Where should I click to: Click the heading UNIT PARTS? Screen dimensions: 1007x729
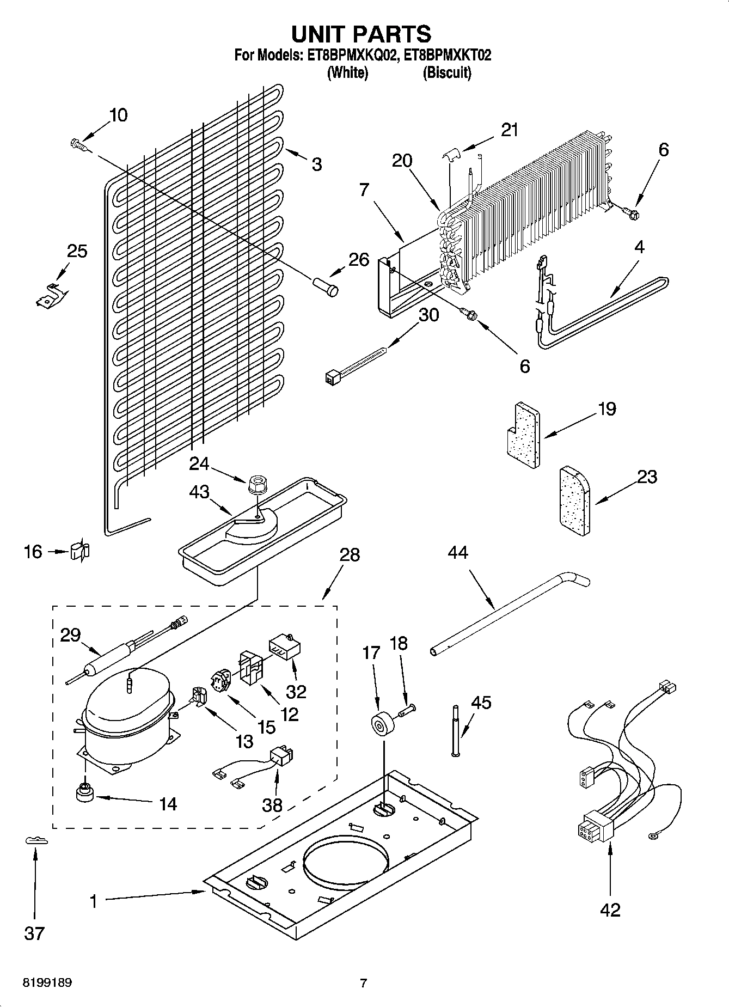tap(362, 34)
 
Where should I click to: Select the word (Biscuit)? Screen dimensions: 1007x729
tap(447, 72)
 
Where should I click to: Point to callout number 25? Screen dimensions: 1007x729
tap(77, 251)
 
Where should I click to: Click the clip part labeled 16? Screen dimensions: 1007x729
tap(80, 551)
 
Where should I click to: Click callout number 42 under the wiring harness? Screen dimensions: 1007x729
tap(610, 910)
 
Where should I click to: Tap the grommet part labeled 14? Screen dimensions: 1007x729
tap(84, 793)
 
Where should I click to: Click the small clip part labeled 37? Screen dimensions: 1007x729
tap(36, 841)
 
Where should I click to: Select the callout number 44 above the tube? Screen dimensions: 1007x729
tap(458, 553)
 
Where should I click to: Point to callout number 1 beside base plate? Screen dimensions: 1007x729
tap(93, 902)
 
